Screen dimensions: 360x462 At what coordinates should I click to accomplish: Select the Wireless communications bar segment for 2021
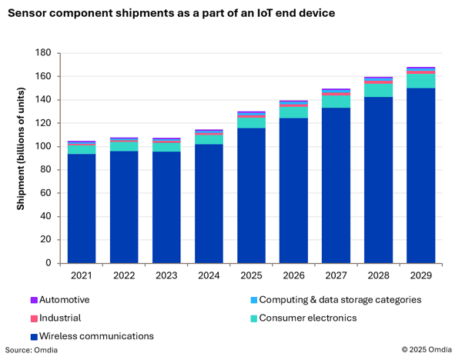click(82, 208)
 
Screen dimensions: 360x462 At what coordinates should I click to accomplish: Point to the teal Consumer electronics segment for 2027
click(336, 102)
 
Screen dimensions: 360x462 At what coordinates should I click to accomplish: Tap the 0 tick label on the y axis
click(49, 263)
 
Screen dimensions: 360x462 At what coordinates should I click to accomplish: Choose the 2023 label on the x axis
click(166, 275)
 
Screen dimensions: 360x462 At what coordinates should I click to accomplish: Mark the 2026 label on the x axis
click(293, 275)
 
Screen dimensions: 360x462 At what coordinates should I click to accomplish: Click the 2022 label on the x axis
click(124, 275)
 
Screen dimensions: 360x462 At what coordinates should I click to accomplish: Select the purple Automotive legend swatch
click(33, 300)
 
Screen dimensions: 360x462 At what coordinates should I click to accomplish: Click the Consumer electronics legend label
click(308, 318)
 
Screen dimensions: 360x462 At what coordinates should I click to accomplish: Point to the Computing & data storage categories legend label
click(340, 300)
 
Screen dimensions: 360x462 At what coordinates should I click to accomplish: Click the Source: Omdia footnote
click(32, 350)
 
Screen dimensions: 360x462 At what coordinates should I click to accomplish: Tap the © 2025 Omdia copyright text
click(427, 350)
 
